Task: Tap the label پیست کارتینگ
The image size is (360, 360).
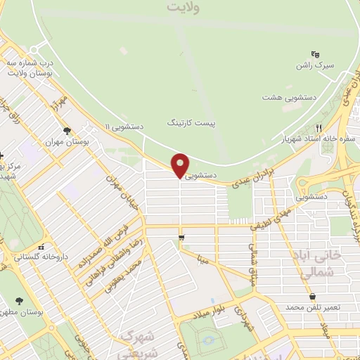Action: [x=192, y=122]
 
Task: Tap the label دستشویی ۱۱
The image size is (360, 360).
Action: [x=124, y=127]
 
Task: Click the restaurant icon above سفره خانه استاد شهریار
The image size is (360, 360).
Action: [x=320, y=128]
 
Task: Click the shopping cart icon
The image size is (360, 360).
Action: [x=182, y=238]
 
